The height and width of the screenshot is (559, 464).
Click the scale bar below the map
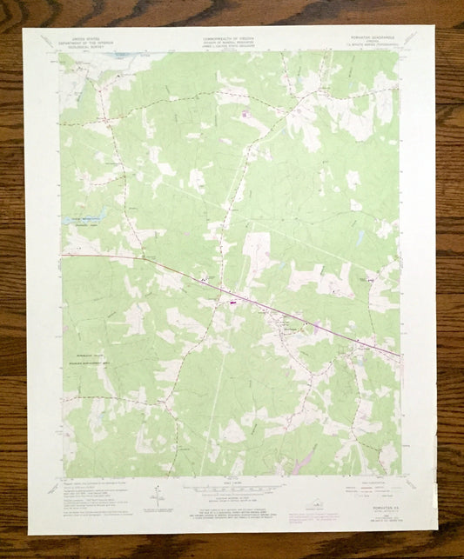click(230, 489)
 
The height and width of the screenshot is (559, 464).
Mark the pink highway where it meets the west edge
click(63, 255)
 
